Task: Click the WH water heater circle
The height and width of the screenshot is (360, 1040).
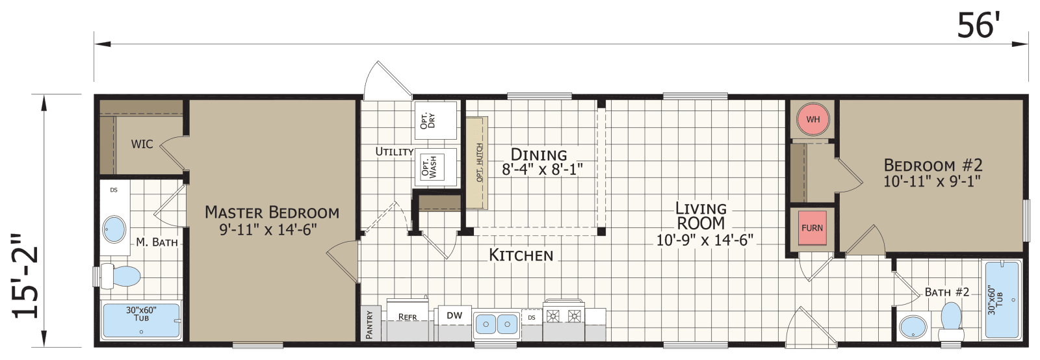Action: tap(812, 120)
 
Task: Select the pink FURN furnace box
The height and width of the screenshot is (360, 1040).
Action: tap(812, 228)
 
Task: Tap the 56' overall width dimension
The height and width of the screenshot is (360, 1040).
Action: tap(978, 26)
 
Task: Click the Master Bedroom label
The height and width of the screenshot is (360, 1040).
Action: tap(272, 212)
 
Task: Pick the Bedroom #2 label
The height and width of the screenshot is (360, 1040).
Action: tap(933, 165)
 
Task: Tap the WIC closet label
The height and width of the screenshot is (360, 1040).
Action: tap(142, 144)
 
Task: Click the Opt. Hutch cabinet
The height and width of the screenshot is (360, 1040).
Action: tap(479, 162)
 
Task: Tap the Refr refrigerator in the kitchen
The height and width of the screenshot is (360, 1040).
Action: tap(408, 318)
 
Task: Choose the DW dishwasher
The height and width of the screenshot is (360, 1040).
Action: tap(454, 316)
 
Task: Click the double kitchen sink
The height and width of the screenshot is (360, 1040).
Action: tap(496, 324)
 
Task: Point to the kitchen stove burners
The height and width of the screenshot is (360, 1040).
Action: tap(564, 316)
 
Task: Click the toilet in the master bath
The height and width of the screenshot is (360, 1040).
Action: tap(121, 276)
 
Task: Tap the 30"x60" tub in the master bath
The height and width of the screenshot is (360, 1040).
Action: tap(142, 320)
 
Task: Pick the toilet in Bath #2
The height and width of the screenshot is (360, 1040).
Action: tap(952, 322)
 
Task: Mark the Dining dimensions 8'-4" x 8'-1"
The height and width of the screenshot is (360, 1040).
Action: tap(542, 170)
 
